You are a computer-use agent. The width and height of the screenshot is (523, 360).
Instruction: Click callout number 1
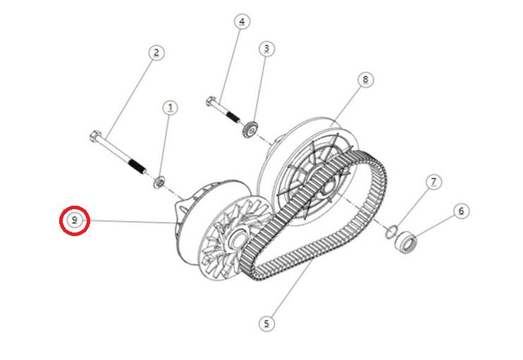pyautogui.click(x=170, y=108)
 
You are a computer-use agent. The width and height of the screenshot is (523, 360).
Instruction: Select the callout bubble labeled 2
pyautogui.click(x=156, y=53)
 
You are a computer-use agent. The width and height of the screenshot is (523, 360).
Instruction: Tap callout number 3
pyautogui.click(x=266, y=49)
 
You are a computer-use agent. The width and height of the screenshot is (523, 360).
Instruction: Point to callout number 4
pyautogui.click(x=242, y=22)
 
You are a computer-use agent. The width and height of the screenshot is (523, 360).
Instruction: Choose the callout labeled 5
pyautogui.click(x=266, y=323)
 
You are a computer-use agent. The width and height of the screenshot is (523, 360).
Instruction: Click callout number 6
pyautogui.click(x=461, y=211)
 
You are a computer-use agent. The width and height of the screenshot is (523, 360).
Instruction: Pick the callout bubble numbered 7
pyautogui.click(x=433, y=182)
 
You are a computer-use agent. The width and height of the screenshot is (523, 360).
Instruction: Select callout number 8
pyautogui.click(x=366, y=80)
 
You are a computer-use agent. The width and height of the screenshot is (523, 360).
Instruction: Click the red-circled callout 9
pyautogui.click(x=75, y=221)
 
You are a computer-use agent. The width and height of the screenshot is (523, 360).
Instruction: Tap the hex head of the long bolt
pyautogui.click(x=96, y=136)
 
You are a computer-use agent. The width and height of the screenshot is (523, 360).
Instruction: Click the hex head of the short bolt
pyautogui.click(x=211, y=100)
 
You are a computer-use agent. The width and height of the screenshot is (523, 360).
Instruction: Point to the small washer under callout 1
pyautogui.click(x=159, y=182)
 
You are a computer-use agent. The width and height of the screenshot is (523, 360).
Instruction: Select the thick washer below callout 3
pyautogui.click(x=251, y=130)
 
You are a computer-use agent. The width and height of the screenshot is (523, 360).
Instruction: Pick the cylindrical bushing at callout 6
pyautogui.click(x=405, y=242)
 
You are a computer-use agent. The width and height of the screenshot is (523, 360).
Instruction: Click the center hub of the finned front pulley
pyautogui.click(x=237, y=239)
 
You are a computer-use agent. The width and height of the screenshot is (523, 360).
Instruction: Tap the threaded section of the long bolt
pyautogui.click(x=137, y=166)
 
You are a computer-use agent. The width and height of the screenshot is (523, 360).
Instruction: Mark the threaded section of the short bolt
pyautogui.click(x=233, y=117)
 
